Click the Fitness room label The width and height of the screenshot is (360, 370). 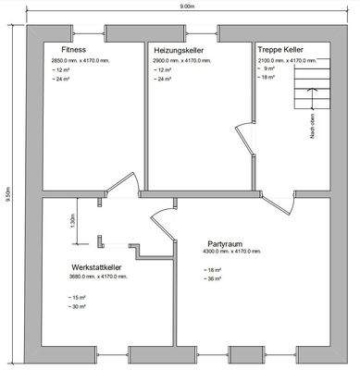pos(74,49)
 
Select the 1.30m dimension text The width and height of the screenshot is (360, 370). pos(73,222)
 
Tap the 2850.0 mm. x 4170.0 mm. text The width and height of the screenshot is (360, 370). pos(81,59)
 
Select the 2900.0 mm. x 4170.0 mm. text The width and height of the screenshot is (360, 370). pos(183,59)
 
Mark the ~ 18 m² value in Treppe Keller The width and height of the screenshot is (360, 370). pos(269,77)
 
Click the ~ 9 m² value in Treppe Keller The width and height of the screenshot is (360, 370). pos(268,68)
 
